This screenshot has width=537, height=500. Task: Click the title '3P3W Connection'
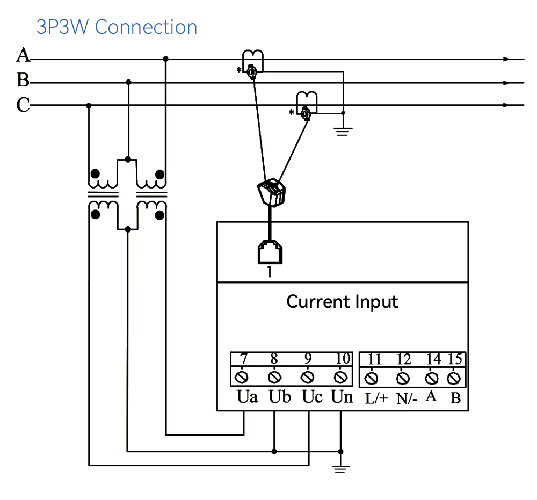click(x=117, y=27)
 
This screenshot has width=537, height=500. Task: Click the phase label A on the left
click(x=23, y=55)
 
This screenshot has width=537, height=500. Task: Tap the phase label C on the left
click(x=23, y=105)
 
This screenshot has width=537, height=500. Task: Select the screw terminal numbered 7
click(x=242, y=378)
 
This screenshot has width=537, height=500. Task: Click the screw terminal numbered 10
click(x=340, y=378)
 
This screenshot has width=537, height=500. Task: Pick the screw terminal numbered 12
click(x=403, y=379)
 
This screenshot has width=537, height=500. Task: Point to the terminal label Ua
click(x=247, y=397)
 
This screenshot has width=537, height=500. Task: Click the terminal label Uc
click(x=312, y=397)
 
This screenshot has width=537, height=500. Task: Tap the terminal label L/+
click(x=376, y=398)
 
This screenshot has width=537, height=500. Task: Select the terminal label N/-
click(x=407, y=399)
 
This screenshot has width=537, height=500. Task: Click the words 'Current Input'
click(x=342, y=302)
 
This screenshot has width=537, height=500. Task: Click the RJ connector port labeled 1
click(x=270, y=252)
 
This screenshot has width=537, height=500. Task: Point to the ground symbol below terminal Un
click(x=340, y=468)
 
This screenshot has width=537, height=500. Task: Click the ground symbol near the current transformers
click(x=343, y=132)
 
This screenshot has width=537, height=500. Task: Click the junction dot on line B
click(x=128, y=82)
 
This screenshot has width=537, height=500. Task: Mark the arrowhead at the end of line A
click(x=506, y=59)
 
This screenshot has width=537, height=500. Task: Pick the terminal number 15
click(x=455, y=359)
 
